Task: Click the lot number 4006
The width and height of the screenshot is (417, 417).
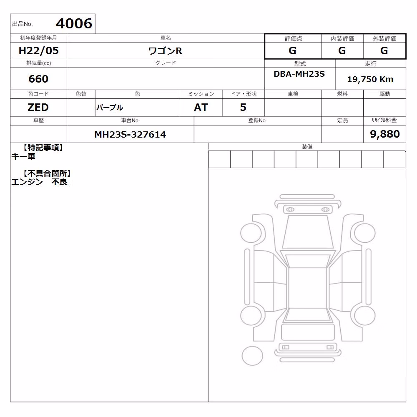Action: (x=74, y=23)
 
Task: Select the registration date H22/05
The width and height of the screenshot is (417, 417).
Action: (x=38, y=50)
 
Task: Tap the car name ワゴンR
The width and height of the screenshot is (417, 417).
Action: (x=165, y=51)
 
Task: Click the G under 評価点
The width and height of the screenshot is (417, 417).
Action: (x=292, y=50)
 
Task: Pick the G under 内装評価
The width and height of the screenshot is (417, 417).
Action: (x=342, y=50)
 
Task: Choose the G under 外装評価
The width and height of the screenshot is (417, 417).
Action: (x=384, y=50)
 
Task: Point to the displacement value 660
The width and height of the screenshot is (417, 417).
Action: (x=38, y=79)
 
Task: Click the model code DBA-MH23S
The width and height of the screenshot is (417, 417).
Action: (x=299, y=74)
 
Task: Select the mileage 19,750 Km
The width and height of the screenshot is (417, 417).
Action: (x=370, y=79)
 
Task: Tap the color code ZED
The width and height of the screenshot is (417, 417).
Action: (x=38, y=108)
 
